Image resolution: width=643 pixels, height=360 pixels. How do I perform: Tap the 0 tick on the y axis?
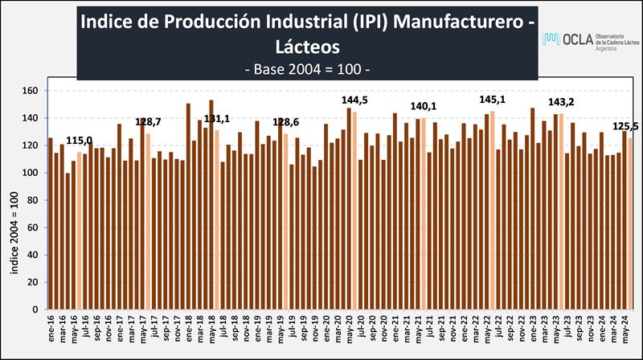click(36, 309)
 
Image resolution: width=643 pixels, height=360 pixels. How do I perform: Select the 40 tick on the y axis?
click(33, 255)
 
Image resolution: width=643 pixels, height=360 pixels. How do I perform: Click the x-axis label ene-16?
click(51, 326)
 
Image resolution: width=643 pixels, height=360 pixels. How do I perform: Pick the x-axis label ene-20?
click(326, 326)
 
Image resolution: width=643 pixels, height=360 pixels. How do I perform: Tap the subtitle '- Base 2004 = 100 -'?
click(306, 69)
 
